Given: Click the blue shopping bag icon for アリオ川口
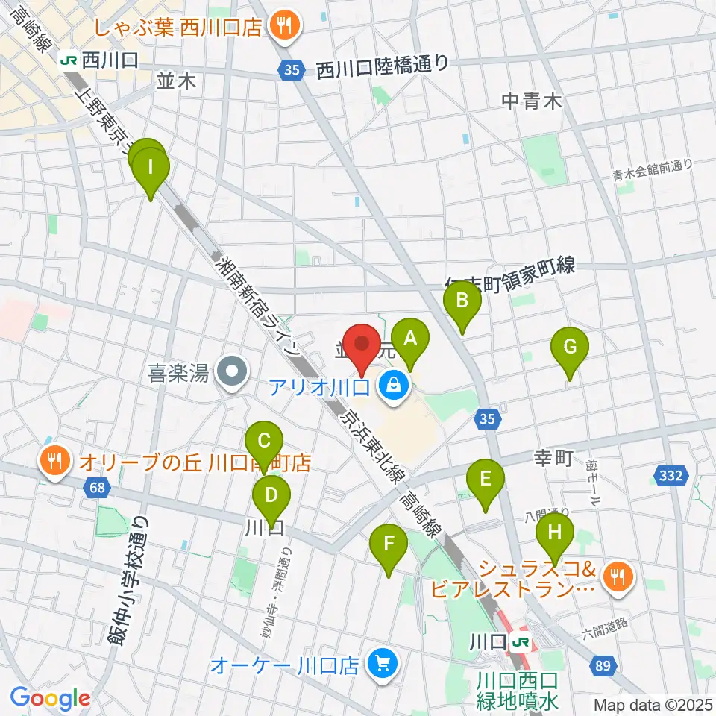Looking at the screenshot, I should click(393, 386).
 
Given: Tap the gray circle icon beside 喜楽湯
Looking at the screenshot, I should click(232, 370).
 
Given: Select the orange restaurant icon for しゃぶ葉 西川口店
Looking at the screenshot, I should click(283, 27).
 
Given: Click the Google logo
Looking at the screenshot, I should click(51, 699).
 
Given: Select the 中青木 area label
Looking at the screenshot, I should click(531, 101).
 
